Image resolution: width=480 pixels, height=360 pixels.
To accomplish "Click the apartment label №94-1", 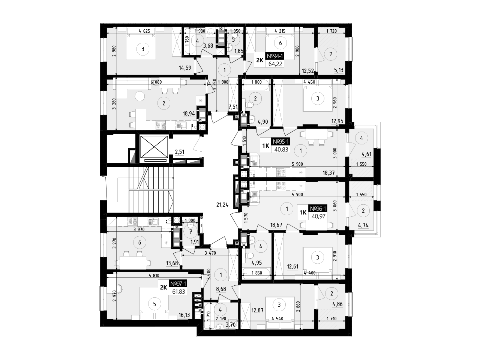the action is [x=275, y=56].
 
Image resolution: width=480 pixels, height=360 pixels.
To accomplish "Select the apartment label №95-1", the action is [x=281, y=142].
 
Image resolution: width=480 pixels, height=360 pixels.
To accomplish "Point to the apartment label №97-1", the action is [x=178, y=284].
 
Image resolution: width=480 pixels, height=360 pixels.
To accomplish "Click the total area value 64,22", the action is [x=275, y=64].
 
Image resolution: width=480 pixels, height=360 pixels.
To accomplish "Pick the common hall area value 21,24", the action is [x=222, y=205].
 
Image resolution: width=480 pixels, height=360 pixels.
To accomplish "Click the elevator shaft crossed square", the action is [x=154, y=147].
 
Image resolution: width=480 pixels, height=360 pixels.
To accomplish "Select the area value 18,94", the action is [x=189, y=114].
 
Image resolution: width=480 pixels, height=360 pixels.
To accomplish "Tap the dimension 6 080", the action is [x=156, y=82].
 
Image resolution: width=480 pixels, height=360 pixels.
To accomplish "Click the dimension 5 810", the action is [x=154, y=276].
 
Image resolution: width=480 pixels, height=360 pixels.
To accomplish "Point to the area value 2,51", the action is [x=179, y=152].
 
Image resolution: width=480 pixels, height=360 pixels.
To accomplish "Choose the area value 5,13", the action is [x=339, y=70].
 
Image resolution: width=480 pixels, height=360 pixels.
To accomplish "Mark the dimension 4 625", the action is [x=144, y=31].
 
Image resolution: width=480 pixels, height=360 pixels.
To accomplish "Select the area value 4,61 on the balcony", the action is [x=366, y=154].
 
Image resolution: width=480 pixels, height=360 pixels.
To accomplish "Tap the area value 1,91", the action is [x=194, y=242].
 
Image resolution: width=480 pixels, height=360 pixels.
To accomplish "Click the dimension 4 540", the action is [x=277, y=319].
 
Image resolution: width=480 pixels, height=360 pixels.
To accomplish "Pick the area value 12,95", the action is [x=337, y=121].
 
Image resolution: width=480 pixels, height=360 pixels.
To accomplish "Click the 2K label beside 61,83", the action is [x=163, y=287].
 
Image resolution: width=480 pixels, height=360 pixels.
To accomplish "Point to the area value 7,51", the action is [x=233, y=106].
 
